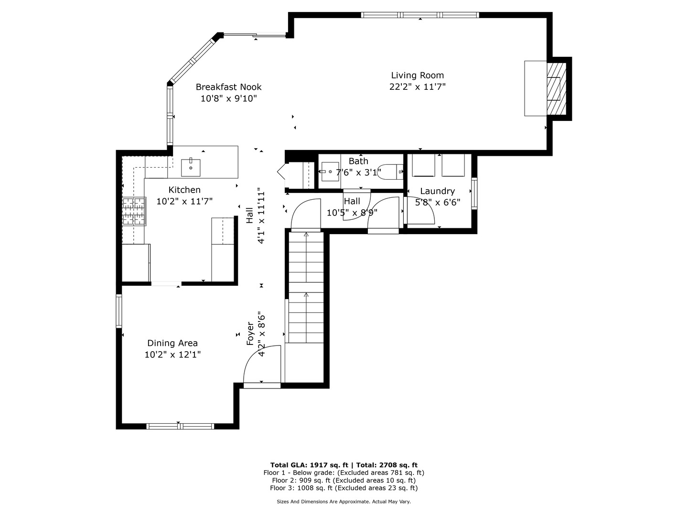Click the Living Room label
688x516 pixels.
[417, 75]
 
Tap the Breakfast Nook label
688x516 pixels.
[228, 87]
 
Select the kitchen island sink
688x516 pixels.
[191, 168]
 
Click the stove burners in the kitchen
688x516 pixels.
[134, 212]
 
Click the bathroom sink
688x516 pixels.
[330, 172]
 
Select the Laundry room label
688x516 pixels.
[437, 191]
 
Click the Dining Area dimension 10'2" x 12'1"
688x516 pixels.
[172, 355]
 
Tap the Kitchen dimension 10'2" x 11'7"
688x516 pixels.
[184, 201]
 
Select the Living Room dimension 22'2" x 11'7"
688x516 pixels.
[417, 87]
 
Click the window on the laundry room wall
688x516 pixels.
[474, 193]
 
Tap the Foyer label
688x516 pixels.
[250, 333]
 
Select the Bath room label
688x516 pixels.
[358, 161]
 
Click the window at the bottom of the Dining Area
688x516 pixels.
[180, 426]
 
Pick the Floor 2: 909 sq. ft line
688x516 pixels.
[344, 480]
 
